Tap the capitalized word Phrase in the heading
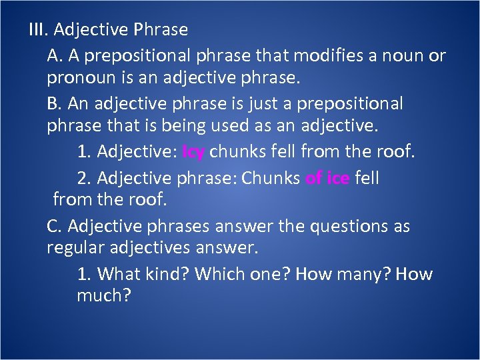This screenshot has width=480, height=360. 161,30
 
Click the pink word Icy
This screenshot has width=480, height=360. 193,152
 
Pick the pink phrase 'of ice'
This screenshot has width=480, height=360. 327,179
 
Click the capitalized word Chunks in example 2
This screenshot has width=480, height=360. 270,179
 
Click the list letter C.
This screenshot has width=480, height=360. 54,227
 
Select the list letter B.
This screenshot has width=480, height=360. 54,104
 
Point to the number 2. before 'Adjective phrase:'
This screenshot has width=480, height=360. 84,179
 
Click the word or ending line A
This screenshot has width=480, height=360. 437,55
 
